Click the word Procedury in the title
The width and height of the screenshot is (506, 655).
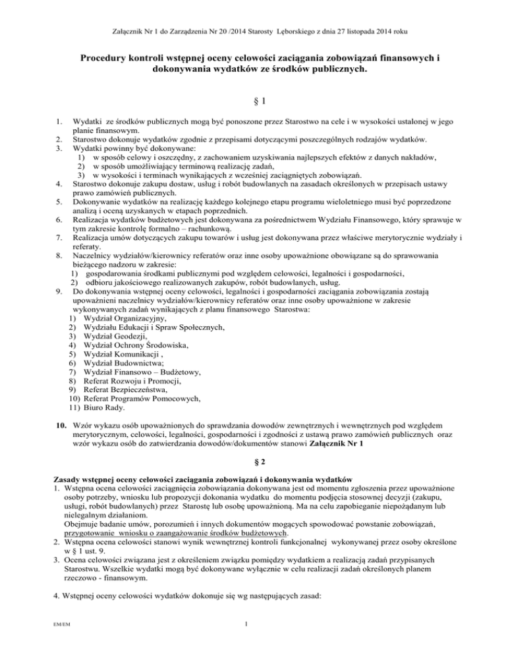pos(109,58)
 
